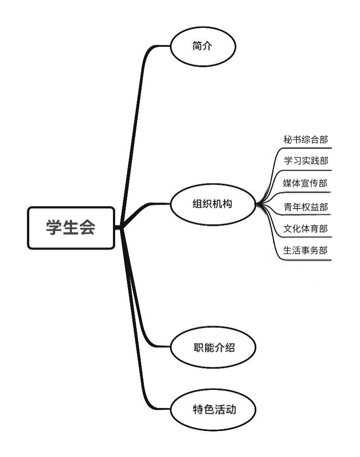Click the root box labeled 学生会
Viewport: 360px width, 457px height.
point(71,228)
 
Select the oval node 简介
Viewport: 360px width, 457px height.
point(203,46)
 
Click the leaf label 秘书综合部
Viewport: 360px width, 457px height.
point(305,140)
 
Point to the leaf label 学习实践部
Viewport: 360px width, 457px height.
point(305,161)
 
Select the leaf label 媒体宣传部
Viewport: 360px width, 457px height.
point(305,183)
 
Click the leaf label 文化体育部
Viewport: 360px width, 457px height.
point(305,229)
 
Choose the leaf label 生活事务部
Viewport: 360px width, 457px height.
point(305,251)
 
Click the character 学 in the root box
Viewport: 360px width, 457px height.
point(53,228)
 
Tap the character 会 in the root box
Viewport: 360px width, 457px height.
point(87,228)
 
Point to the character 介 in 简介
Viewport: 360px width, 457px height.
point(208,46)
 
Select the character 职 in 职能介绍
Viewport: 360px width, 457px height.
point(198,348)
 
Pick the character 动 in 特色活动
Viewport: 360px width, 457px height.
point(231,410)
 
